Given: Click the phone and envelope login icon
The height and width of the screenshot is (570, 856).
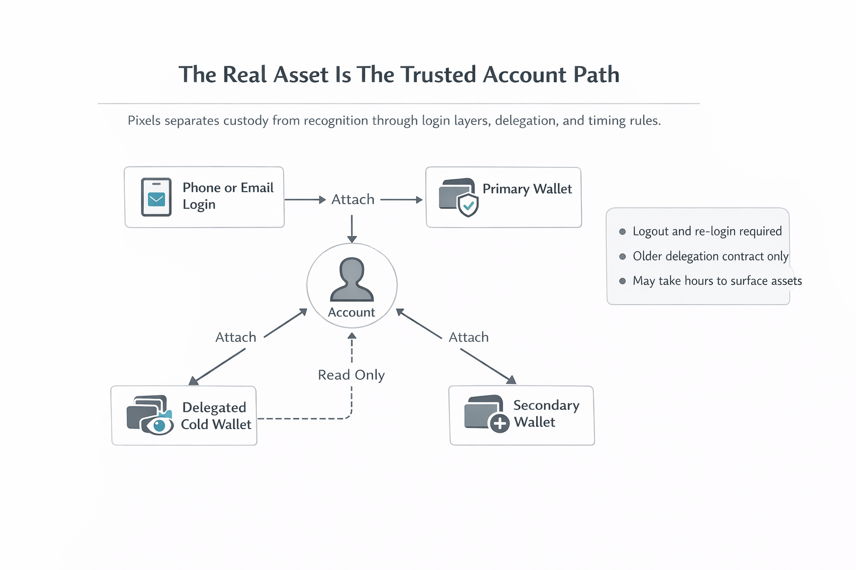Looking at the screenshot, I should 156,197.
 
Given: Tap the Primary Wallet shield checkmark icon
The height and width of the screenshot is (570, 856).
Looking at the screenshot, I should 468,205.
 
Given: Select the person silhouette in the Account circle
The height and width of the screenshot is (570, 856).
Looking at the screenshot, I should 352,279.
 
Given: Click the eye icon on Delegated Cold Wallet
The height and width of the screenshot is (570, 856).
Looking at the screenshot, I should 159,426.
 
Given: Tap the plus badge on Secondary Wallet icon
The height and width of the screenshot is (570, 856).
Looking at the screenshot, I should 499,423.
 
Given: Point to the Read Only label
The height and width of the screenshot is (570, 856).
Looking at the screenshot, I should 351,375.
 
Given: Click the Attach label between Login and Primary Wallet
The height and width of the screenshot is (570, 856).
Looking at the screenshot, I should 353,199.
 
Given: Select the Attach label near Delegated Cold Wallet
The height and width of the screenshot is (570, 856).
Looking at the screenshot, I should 236,337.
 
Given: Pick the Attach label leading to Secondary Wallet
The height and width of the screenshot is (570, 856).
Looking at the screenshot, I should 469,337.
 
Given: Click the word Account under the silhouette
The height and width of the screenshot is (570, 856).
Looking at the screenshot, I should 351,312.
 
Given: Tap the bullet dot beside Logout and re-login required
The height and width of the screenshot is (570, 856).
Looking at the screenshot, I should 622,232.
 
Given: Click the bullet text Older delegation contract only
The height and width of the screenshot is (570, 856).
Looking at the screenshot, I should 711,256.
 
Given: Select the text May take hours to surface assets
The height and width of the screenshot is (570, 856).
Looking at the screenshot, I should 717,281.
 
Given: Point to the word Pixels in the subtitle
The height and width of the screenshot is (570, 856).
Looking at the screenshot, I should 144,121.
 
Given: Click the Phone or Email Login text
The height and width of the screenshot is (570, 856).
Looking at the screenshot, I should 228,196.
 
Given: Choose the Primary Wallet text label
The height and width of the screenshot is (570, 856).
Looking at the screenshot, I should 527,189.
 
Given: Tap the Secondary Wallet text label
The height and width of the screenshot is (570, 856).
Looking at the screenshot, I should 546,414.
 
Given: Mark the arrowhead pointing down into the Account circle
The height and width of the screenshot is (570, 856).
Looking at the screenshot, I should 352,239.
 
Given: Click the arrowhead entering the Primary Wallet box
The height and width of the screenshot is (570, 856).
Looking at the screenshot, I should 420,200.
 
